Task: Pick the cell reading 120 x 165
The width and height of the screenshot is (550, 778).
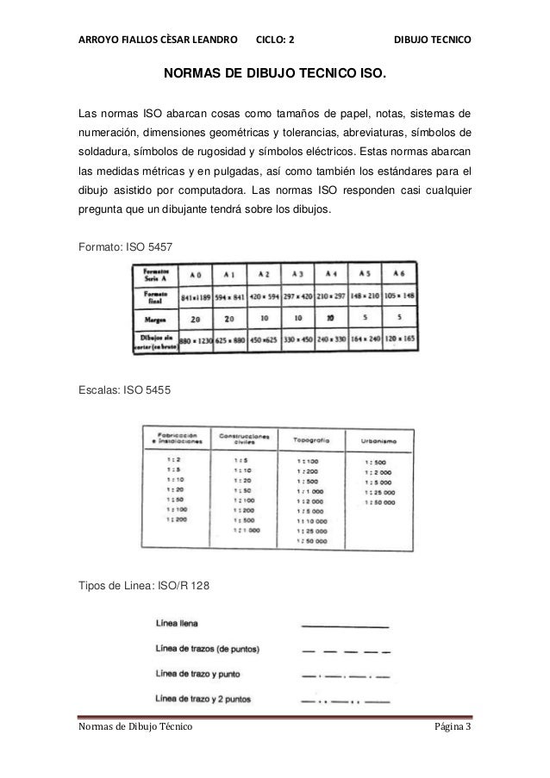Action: (x=399, y=340)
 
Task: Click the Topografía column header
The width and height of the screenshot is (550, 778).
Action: (x=308, y=439)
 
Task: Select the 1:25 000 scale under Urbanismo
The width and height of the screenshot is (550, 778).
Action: (x=378, y=494)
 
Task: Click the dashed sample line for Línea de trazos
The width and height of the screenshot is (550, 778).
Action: (x=344, y=650)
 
